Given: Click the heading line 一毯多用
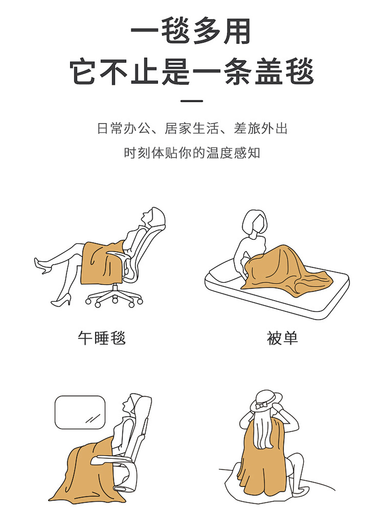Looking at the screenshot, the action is pos(192,32).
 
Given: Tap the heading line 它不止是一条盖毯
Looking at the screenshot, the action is pos(192,71).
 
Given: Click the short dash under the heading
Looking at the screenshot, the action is pos(192,101).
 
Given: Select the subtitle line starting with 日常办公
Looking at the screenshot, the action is pos(192,128).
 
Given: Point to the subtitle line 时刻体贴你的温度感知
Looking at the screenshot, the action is pos(192,153).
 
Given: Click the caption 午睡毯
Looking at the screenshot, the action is pos(102,338).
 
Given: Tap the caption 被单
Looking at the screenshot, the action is pos(282,338).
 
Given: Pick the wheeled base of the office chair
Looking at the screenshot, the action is pos(114,297).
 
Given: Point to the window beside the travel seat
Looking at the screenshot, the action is pos(80,412).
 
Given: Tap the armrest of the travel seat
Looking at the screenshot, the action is pos(113,461).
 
